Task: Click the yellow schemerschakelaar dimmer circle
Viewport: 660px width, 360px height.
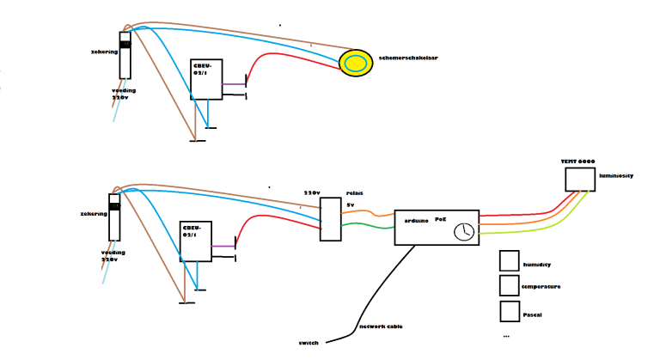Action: point(354,63)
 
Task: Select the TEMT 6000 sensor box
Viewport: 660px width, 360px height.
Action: point(580,179)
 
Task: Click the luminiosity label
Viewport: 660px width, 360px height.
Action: point(615,174)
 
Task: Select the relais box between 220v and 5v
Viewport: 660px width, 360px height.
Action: point(330,218)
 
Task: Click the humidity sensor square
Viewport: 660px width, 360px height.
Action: point(510,261)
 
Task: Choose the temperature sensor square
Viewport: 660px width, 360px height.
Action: point(510,284)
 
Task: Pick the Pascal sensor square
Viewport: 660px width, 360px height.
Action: point(510,310)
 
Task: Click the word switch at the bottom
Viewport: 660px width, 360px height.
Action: point(309,342)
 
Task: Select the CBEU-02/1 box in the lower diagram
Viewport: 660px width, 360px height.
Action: point(195,241)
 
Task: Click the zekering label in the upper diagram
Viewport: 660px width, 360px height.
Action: point(103,52)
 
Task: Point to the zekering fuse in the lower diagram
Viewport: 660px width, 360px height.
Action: point(114,221)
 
